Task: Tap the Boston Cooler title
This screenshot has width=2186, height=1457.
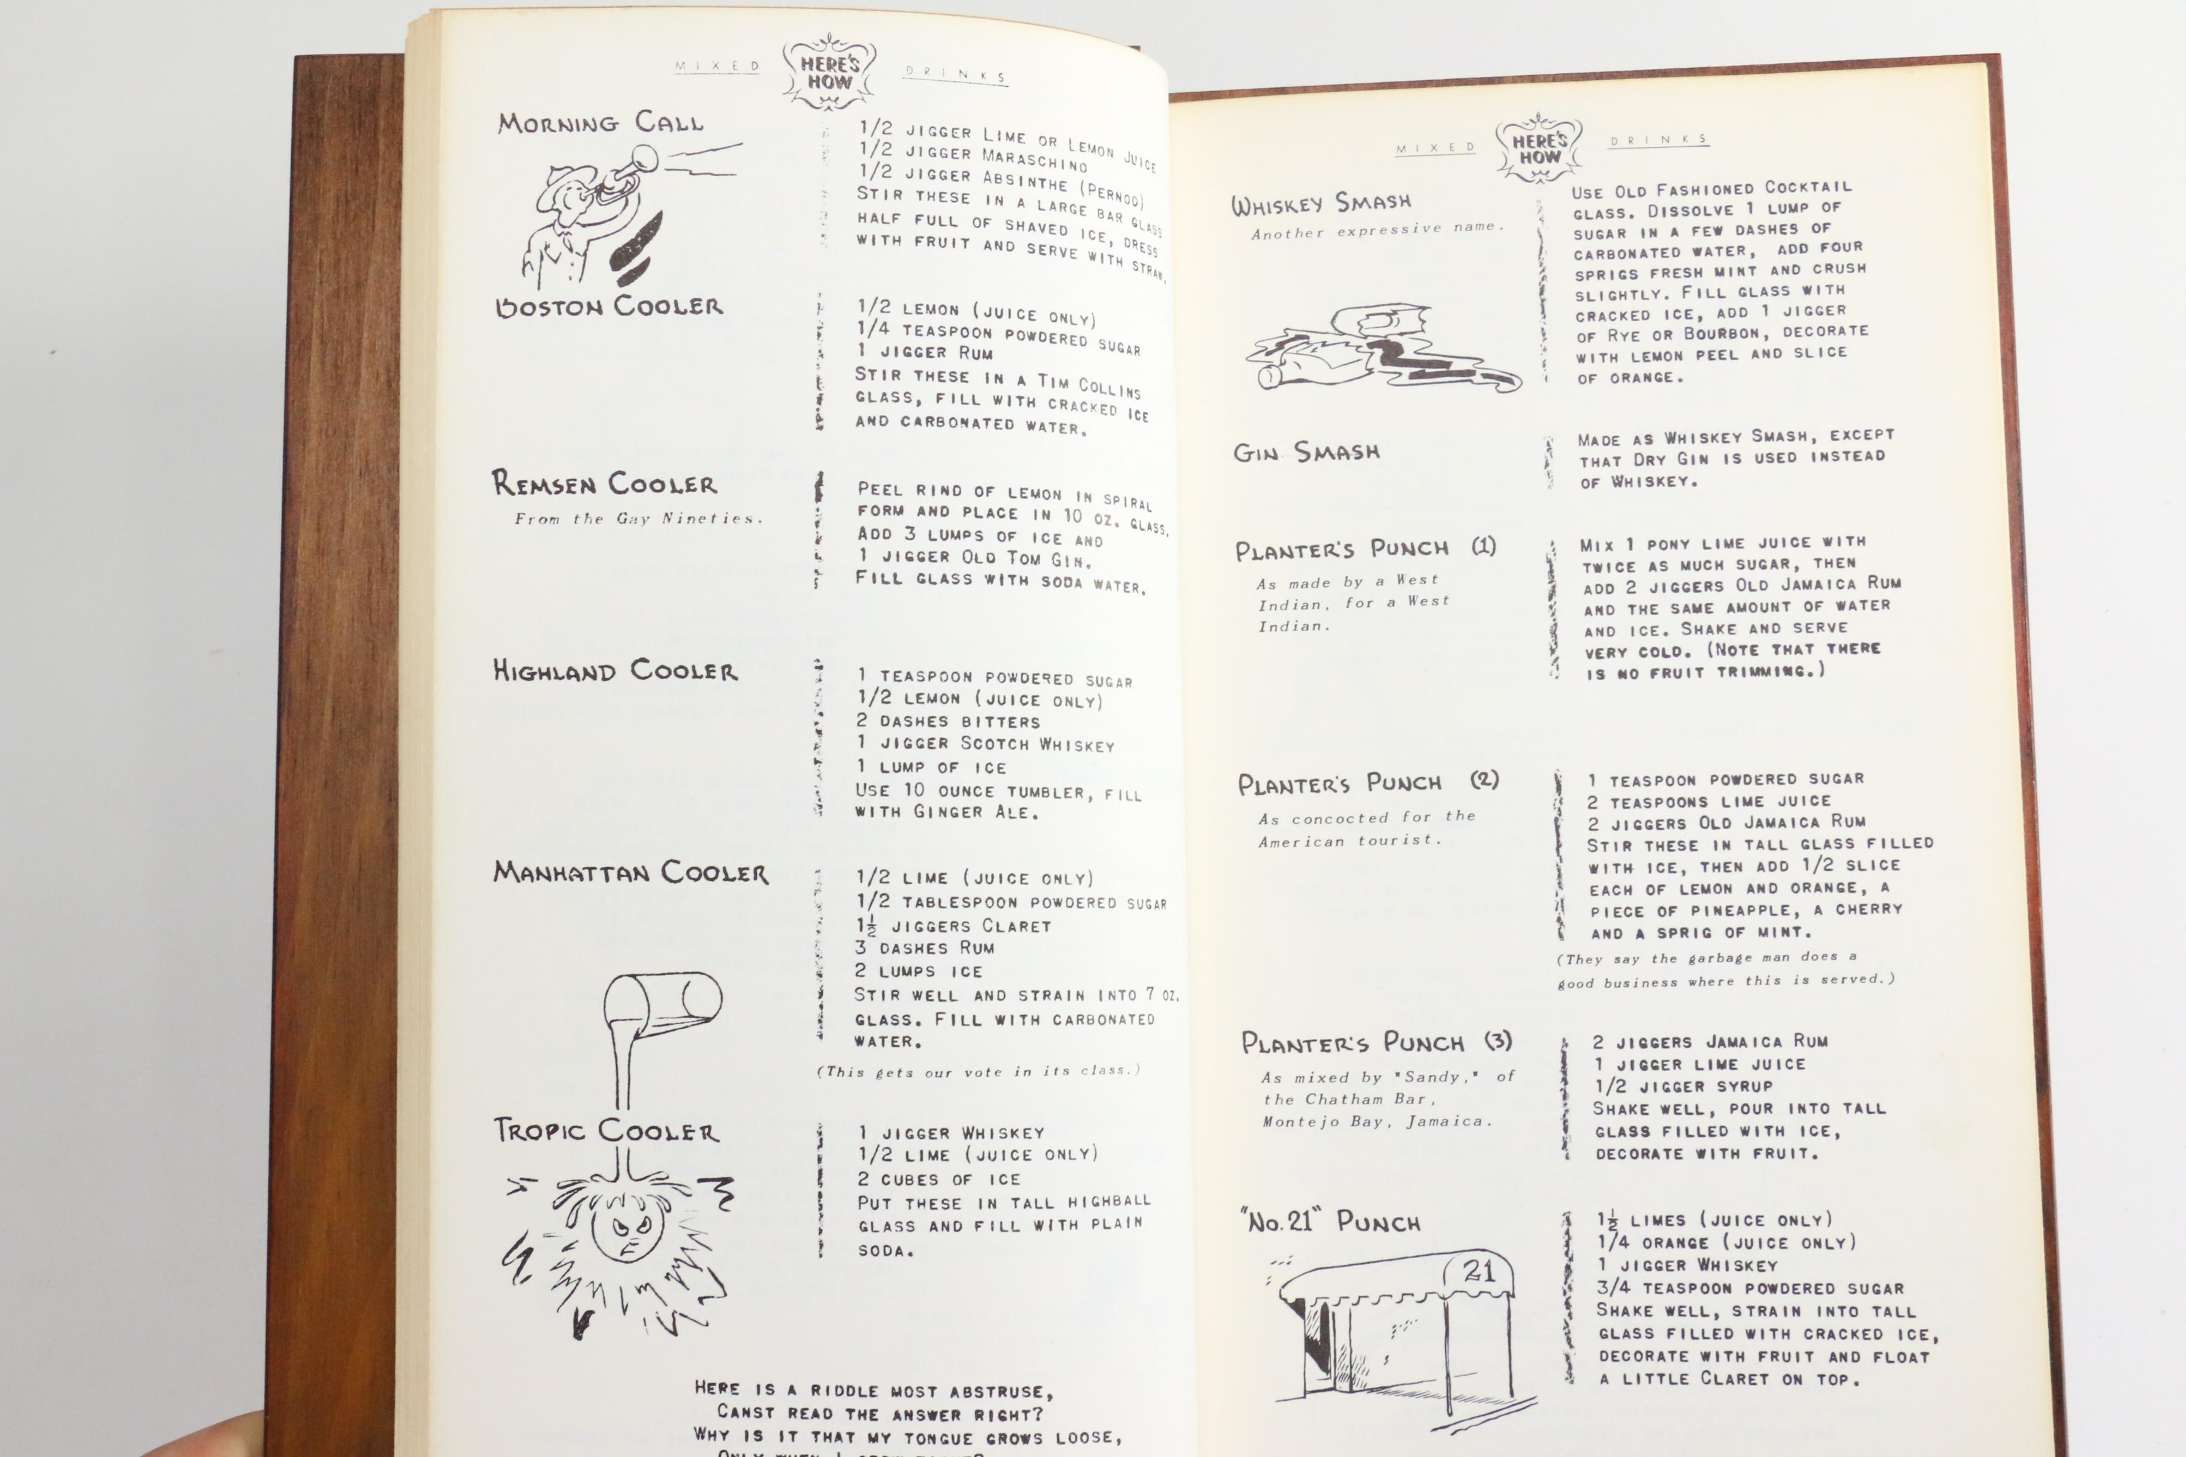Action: click(x=609, y=307)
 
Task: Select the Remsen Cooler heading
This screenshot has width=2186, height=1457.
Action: click(x=604, y=483)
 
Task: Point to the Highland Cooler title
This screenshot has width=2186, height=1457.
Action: click(x=614, y=671)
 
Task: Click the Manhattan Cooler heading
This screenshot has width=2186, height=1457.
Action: click(x=630, y=872)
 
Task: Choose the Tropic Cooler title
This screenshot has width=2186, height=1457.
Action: click(x=606, y=1131)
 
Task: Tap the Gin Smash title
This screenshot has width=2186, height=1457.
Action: click(x=1306, y=452)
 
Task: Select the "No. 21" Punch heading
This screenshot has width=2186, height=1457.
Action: click(x=1331, y=1221)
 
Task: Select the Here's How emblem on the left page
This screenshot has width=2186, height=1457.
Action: click(x=829, y=72)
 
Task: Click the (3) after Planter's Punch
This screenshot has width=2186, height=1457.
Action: click(x=1498, y=1041)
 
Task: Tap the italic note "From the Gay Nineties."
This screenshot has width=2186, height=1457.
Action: click(x=638, y=518)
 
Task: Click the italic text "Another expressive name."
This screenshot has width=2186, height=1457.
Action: click(x=1376, y=229)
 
